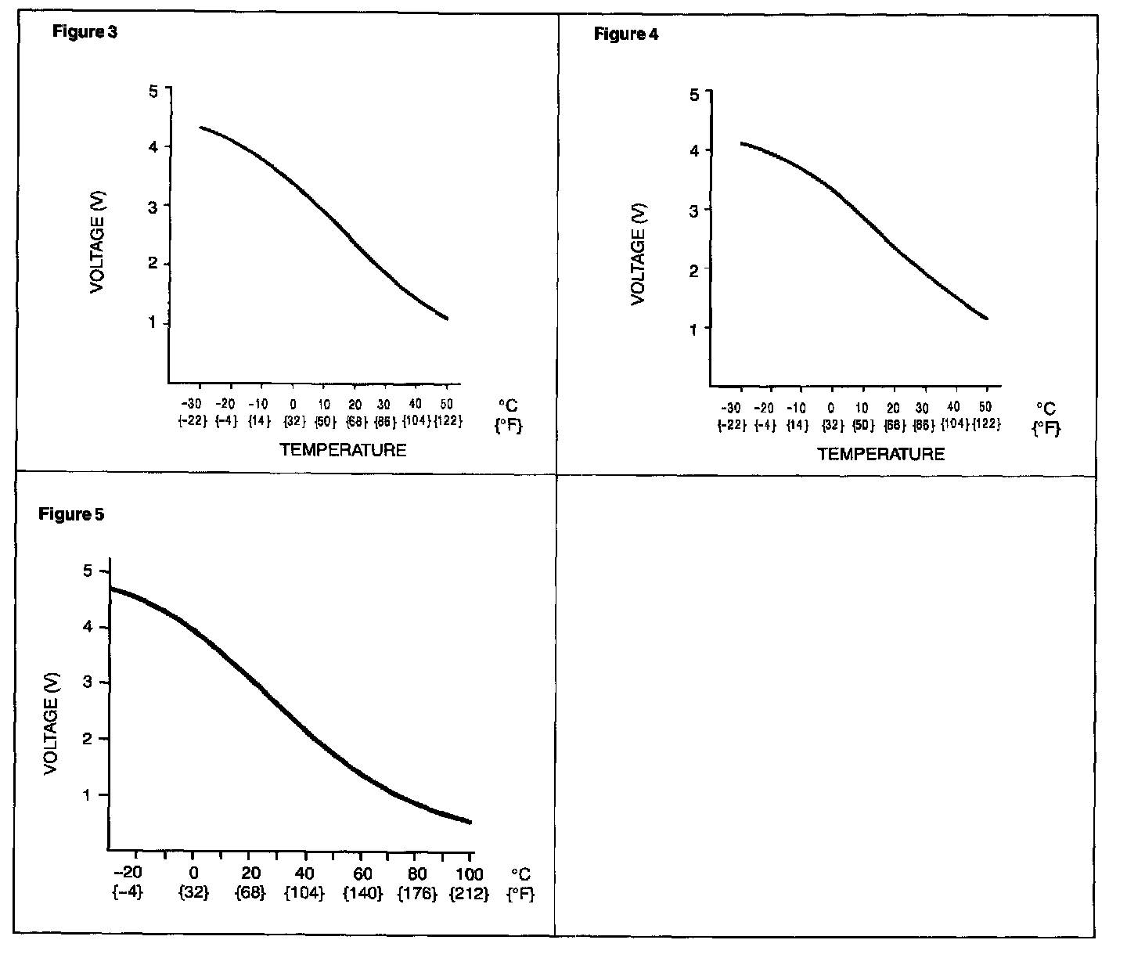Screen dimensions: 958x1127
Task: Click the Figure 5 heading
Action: (71, 514)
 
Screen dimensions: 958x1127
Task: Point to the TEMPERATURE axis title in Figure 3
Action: (343, 449)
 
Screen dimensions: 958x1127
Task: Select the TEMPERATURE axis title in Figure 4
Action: (880, 454)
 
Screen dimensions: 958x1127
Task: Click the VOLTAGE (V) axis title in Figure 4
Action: (638, 254)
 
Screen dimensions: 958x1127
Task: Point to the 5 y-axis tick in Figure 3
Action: (153, 90)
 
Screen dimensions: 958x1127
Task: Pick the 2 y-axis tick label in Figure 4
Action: (693, 268)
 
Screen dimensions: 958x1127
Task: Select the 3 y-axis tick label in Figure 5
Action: (88, 682)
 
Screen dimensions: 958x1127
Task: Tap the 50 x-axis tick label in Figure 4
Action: (985, 407)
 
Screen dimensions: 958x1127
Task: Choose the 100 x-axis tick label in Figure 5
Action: (469, 873)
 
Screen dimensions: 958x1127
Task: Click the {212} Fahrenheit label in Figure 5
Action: (470, 893)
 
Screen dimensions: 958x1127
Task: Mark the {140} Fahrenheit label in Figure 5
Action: (362, 893)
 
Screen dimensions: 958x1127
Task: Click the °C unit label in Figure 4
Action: (1046, 409)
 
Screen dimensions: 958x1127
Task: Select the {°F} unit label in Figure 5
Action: (520, 894)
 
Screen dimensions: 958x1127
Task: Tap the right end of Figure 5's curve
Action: (470, 821)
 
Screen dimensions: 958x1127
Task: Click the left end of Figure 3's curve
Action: (200, 127)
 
